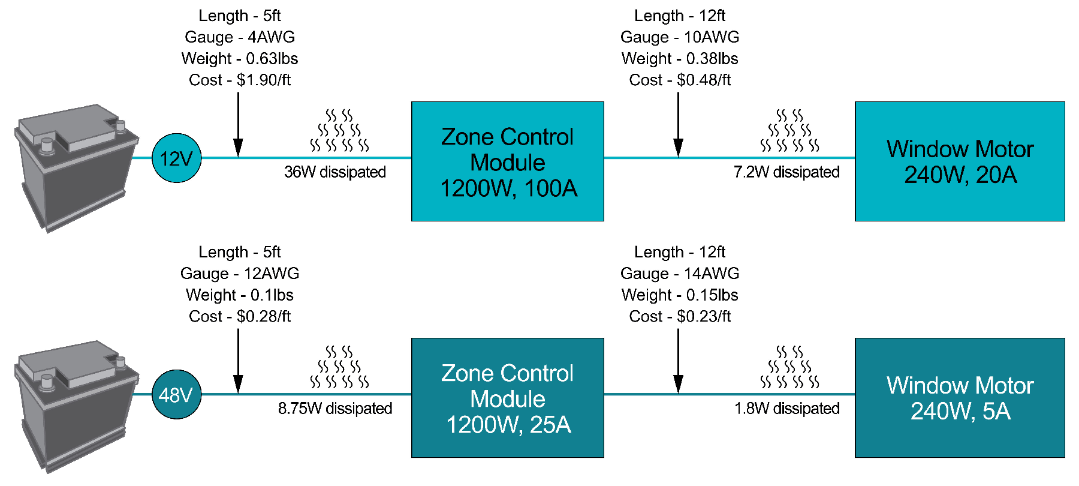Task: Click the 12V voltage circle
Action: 177,158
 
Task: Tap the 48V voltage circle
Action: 177,395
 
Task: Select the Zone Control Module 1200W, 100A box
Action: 508,161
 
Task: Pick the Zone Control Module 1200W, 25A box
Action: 508,398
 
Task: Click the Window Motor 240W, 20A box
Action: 960,161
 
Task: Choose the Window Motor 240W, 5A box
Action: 960,398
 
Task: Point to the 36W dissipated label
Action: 335,172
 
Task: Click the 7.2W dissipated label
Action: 786,172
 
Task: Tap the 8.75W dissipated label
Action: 335,409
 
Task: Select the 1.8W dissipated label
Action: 787,409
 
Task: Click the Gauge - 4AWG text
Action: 240,37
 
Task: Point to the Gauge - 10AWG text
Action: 680,37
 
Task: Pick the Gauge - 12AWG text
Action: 240,274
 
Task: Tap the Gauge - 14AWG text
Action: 680,274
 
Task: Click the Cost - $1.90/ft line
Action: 240,80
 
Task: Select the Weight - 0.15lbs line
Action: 680,295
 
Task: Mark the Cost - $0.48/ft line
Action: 680,80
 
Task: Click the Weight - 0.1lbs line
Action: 240,295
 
